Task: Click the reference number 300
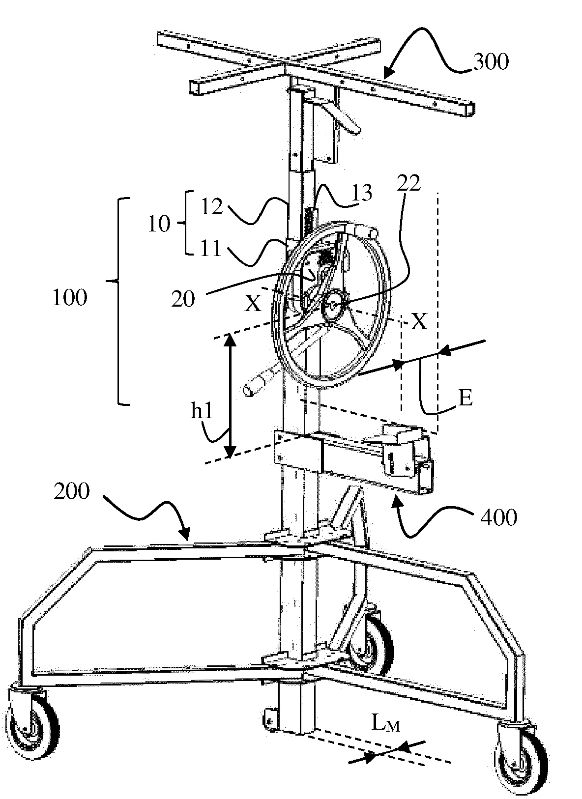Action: click(490, 62)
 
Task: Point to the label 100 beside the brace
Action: click(70, 298)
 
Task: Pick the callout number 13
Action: click(359, 193)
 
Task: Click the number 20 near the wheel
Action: click(183, 299)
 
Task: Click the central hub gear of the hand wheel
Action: click(333, 306)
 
